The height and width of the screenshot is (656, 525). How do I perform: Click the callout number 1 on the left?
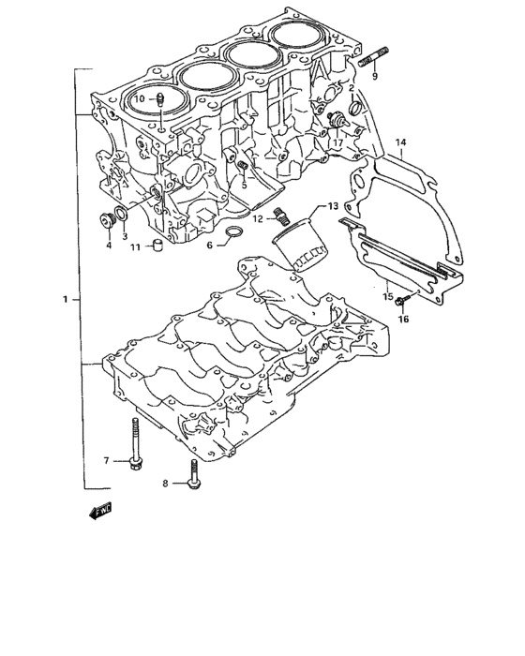click(65, 300)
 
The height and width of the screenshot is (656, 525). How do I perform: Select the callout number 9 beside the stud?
click(375, 77)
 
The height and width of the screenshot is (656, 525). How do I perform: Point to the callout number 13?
click(333, 206)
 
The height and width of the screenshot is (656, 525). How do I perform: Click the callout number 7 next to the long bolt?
click(107, 460)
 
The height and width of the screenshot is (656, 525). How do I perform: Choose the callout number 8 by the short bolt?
click(165, 484)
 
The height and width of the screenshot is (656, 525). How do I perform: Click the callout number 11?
click(135, 247)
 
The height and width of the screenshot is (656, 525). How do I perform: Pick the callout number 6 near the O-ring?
click(210, 245)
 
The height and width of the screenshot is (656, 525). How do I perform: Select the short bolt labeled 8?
click(193, 474)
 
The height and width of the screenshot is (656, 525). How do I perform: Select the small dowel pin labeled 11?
click(159, 246)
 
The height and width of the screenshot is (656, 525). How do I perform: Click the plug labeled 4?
click(106, 221)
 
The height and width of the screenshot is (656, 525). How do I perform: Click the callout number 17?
click(337, 143)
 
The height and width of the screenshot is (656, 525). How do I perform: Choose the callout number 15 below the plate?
click(386, 297)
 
